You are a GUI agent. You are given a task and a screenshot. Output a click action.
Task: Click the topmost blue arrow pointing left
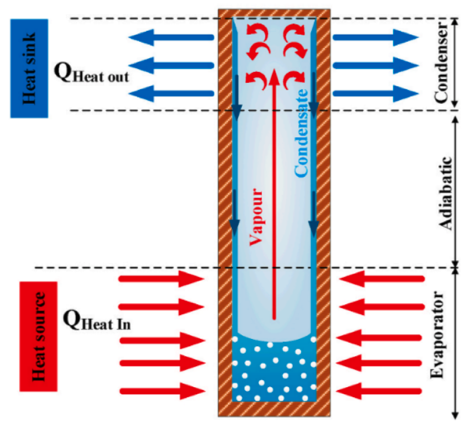coord(170,38)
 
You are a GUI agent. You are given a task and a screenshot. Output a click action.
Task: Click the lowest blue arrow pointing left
coord(170,92)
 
